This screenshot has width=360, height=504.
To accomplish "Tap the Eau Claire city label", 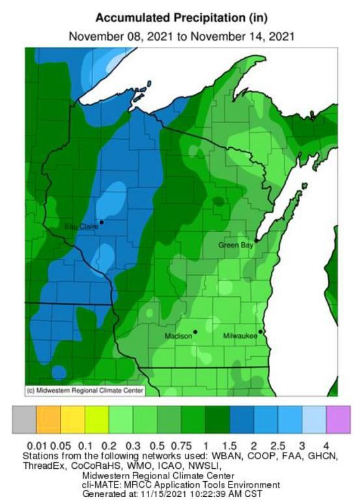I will coord(80,226).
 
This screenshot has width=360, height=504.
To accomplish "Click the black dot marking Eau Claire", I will coord(101,222).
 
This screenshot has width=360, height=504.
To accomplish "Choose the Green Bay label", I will coord(235,245).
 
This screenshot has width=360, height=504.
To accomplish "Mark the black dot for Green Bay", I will coord(257,240).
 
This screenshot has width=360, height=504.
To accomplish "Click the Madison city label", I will coord(178,336).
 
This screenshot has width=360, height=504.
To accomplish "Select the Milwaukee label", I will coord(240,336).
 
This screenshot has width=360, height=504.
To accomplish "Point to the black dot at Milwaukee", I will coord(260,332).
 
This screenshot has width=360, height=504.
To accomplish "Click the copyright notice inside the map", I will coord(84,391).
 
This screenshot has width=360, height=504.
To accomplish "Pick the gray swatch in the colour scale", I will coord(24,421).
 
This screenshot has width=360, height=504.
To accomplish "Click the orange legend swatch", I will coord(48,421).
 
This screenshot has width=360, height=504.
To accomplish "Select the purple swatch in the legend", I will coord(338,421).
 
